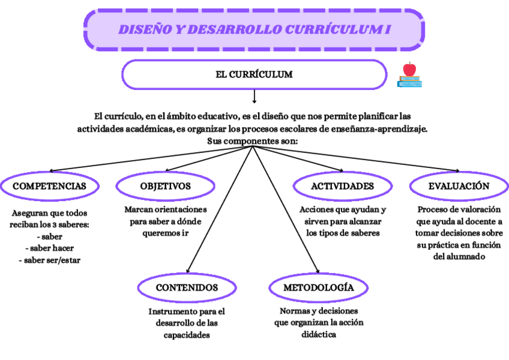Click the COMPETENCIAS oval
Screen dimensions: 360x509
click(x=49, y=186)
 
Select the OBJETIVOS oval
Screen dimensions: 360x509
click(x=166, y=186)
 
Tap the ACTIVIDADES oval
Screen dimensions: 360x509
click(x=342, y=186)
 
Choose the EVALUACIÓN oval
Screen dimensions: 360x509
click(x=459, y=186)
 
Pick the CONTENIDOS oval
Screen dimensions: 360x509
click(x=187, y=288)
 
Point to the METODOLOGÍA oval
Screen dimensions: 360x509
click(x=318, y=288)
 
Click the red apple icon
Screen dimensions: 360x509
click(x=410, y=69)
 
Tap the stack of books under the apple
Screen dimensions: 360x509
click(x=409, y=82)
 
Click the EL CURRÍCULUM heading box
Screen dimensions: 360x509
click(x=254, y=74)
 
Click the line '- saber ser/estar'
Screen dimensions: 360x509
click(x=49, y=260)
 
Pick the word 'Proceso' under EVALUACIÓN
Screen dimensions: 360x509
click(x=434, y=210)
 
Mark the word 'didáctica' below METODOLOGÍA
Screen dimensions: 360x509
click(x=318, y=334)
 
